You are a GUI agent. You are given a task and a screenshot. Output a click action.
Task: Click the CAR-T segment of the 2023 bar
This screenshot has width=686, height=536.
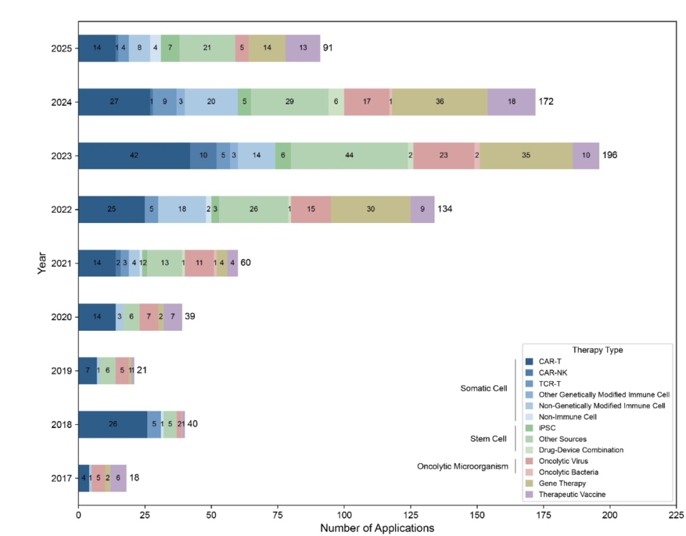coord(134,156)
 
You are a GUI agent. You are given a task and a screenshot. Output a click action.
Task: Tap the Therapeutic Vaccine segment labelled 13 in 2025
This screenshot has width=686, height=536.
coord(303,48)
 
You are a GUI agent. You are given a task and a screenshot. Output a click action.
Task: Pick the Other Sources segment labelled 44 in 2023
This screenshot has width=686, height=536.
coord(349,156)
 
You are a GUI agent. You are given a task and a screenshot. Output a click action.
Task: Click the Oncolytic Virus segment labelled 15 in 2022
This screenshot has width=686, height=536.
coord(311,209)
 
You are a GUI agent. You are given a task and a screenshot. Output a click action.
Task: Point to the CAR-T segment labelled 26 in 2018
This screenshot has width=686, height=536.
coord(113,424)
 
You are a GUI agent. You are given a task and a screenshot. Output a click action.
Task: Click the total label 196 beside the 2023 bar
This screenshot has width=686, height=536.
coord(610,155)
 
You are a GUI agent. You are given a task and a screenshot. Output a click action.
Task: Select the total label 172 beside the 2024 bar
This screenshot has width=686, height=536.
coord(546,102)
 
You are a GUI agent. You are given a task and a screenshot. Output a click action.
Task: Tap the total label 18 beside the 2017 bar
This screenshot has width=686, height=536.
coord(135,478)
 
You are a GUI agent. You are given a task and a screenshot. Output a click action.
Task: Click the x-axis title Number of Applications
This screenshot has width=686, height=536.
coord(377,528)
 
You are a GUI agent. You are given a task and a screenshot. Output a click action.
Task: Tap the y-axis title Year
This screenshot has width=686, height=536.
coord(42,263)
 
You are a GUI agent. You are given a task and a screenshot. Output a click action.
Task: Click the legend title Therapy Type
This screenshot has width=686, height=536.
coord(597,350)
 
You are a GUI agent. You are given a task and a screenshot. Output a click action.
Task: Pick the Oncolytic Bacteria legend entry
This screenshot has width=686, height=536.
coord(568,472)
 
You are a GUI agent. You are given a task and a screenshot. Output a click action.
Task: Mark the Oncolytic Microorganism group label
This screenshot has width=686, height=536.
coord(463,467)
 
